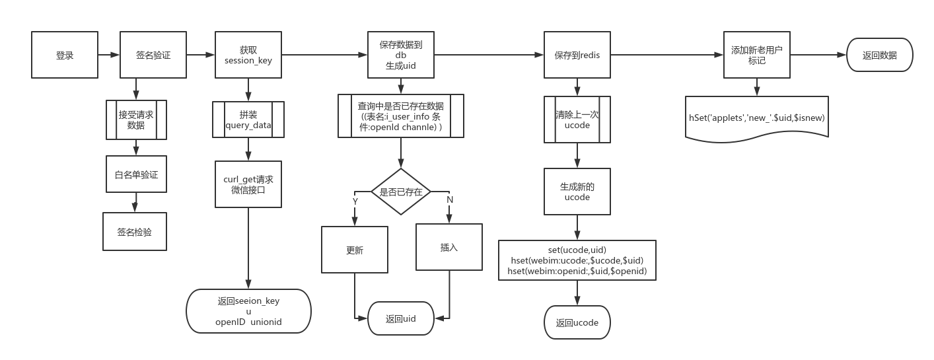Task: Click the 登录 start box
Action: (x=65, y=55)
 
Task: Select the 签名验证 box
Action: (x=153, y=55)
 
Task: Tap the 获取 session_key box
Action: (x=248, y=55)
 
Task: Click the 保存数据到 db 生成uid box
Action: (x=400, y=55)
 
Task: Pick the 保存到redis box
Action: (x=577, y=55)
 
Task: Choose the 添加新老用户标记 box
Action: (x=757, y=55)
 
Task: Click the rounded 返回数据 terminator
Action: (x=879, y=55)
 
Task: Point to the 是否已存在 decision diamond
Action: (x=401, y=192)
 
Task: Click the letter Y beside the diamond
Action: (x=355, y=201)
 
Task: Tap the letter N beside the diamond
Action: (x=450, y=199)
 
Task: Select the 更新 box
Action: (x=355, y=250)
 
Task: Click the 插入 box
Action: (x=449, y=247)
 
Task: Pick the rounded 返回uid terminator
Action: (x=401, y=319)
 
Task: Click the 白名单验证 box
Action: (x=136, y=174)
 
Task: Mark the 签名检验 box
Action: (x=135, y=232)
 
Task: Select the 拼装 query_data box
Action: (x=248, y=120)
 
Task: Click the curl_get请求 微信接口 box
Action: (x=248, y=184)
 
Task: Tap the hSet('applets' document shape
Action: (x=757, y=118)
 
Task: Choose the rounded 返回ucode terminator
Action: (x=577, y=322)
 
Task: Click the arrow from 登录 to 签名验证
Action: (x=109, y=55)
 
